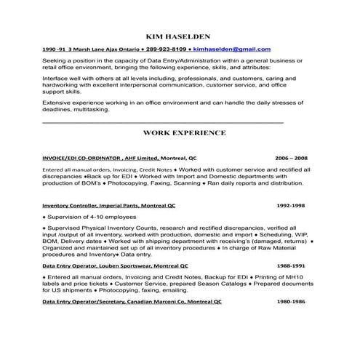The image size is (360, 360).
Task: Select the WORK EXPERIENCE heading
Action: pyautogui.click(x=184, y=132)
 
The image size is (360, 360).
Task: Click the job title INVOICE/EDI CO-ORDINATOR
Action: pyautogui.click(x=81, y=157)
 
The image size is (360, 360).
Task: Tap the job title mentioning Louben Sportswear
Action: pyautogui.click(x=116, y=265)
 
